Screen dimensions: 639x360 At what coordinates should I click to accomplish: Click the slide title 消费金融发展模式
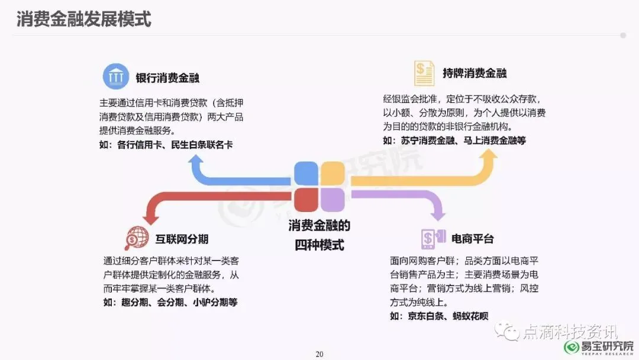(x=84, y=19)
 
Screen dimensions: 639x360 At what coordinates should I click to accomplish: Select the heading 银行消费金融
(x=167, y=78)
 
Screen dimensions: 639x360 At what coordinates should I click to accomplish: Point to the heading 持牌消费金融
(x=475, y=74)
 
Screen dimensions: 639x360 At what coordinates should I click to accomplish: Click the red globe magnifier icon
(x=136, y=238)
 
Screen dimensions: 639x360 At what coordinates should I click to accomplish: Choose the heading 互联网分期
(x=182, y=239)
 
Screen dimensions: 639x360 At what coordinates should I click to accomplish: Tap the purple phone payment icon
(x=433, y=238)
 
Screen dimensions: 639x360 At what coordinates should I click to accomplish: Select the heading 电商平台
(x=472, y=239)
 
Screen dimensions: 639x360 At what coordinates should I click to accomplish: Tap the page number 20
(x=319, y=354)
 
